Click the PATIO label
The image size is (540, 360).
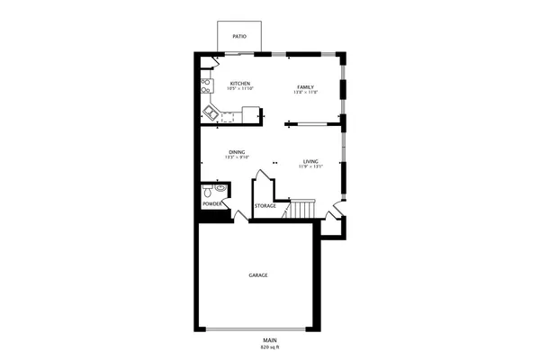coord(239,37)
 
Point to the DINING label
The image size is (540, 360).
coord(237,152)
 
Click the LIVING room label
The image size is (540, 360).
coord(310,160)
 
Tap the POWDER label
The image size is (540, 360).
coord(212,204)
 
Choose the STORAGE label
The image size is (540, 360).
coord(265,206)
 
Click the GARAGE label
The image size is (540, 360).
coord(258,274)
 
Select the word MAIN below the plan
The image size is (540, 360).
coord(270,339)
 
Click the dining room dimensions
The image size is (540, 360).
coord(237,157)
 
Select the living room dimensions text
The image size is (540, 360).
coord(310,166)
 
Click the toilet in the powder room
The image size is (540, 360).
coord(208,192)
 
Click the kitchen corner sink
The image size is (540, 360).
coord(211,112)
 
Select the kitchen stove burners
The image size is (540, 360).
coord(207,87)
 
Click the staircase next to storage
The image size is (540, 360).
coord(300,210)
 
